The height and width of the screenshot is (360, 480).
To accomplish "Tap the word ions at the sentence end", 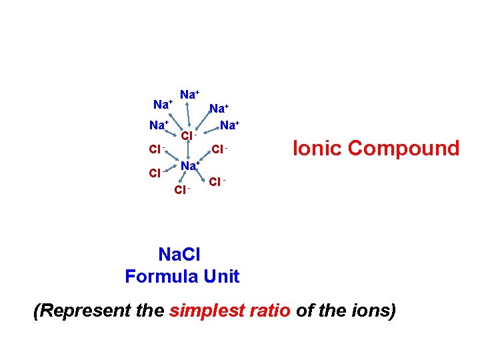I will click(375, 311).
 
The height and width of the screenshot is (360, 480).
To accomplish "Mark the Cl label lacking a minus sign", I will click(154, 173).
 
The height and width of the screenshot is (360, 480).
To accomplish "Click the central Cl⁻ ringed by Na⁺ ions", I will click(189, 136).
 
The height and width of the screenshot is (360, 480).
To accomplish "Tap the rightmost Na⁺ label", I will click(231, 125).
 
